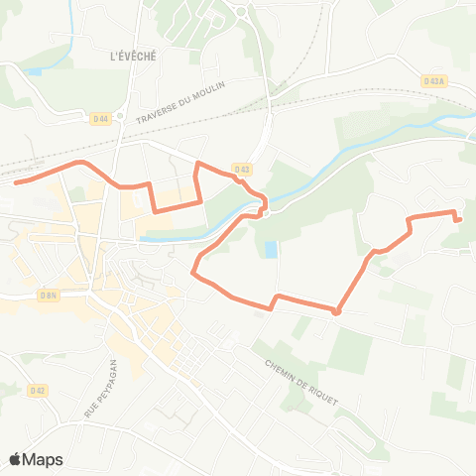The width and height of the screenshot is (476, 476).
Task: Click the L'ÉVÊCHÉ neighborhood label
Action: pos(134,57)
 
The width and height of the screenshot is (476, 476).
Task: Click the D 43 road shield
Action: pos(243,170)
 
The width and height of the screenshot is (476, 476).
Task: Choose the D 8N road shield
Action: pos(49,296)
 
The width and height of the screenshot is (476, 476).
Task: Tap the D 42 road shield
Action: pos(38,391)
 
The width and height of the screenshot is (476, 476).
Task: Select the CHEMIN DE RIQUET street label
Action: pos(301,382)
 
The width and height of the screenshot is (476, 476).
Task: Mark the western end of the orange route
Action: pos(16,181)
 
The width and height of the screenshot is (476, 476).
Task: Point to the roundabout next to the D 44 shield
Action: pos(118,116)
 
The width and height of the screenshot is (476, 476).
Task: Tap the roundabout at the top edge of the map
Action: pos(242,12)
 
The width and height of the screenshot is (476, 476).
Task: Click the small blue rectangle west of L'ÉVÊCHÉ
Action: pos(36,71)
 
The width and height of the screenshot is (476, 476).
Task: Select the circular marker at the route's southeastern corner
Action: pos(336,311)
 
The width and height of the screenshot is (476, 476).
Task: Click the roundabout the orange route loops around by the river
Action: pos(264,209)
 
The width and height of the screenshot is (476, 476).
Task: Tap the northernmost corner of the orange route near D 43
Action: pos(198,162)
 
